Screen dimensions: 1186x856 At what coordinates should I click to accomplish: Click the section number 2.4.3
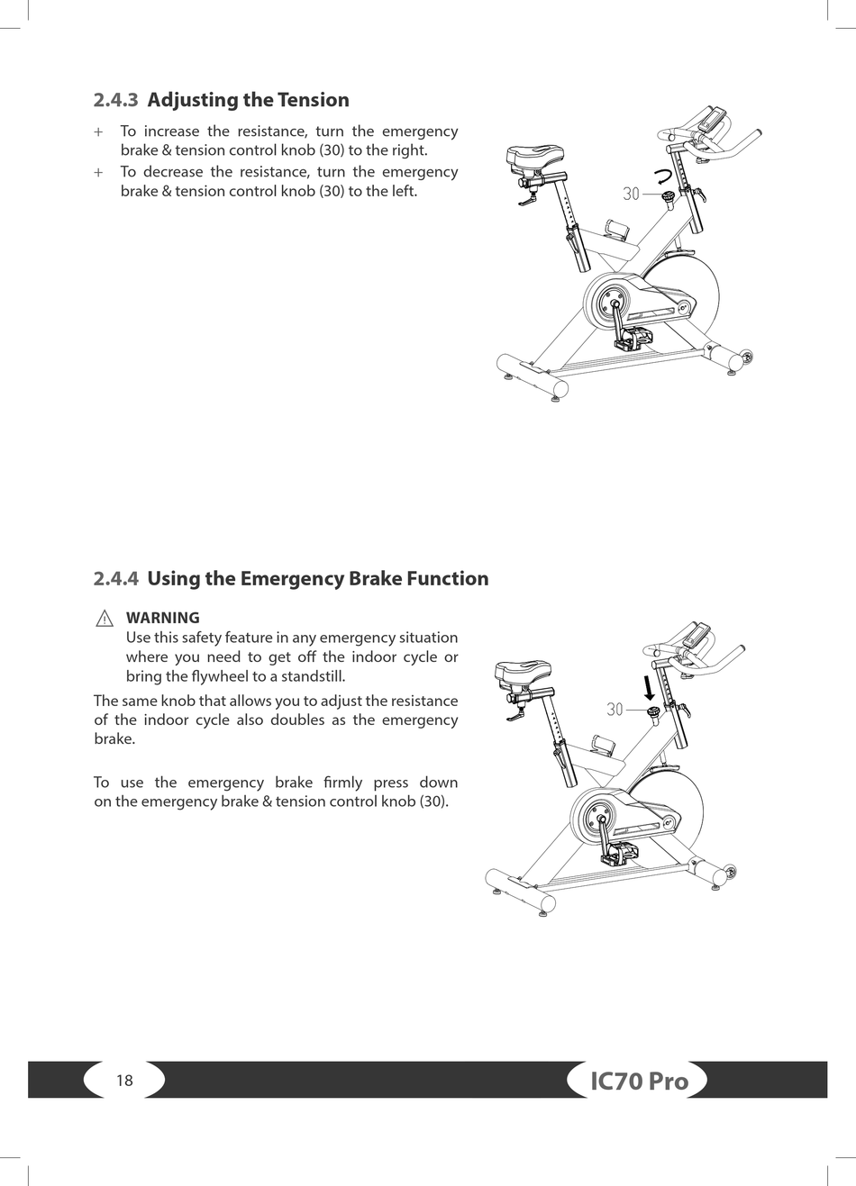115,100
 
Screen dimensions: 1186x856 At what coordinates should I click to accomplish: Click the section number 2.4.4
115,578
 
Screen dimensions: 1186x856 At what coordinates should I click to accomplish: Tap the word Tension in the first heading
314,100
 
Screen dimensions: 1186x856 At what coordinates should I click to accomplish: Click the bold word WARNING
163,618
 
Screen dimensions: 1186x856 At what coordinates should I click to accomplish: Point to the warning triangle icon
105,619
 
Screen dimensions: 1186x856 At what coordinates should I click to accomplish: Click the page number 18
124,1080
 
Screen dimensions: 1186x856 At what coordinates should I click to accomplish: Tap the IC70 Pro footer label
639,1081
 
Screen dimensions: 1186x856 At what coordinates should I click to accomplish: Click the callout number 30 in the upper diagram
631,194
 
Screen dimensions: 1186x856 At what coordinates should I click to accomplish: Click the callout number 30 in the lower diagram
615,710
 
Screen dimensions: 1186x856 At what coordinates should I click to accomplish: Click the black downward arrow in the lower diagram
649,688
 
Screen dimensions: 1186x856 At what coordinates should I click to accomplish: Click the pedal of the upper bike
628,340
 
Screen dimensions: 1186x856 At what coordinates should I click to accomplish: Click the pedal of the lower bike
617,852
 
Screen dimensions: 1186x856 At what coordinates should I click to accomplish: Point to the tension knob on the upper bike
669,197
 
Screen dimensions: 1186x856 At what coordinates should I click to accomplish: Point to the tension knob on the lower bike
654,713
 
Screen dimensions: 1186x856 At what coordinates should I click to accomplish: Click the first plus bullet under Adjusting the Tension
98,131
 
